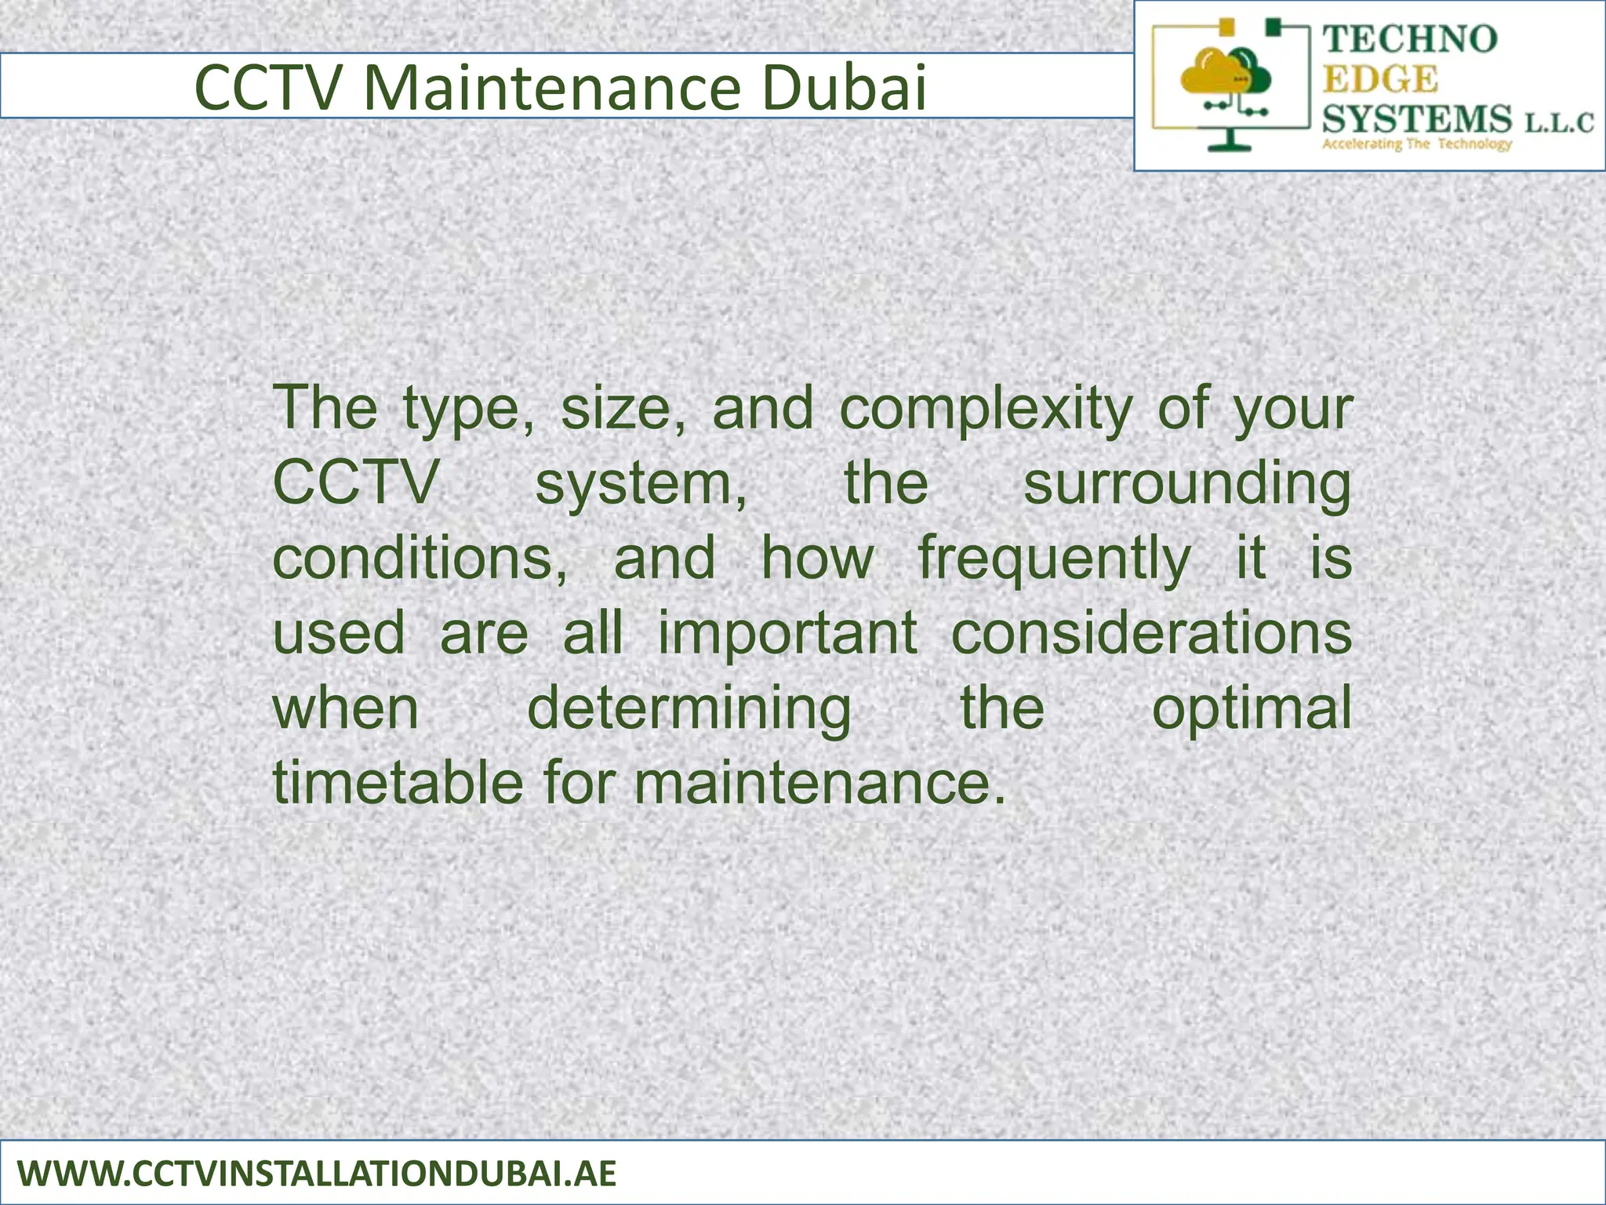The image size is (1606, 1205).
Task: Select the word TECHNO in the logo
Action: point(1410,39)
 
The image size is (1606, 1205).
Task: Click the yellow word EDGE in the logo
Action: point(1381,79)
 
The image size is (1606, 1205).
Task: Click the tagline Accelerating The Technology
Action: point(1416,144)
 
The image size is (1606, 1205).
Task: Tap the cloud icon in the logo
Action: point(1225,74)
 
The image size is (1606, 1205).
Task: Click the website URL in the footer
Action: point(316,1174)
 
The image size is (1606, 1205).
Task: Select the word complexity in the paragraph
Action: point(986,408)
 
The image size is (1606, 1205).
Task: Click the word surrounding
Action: point(1187,483)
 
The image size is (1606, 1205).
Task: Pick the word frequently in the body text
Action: point(1054,559)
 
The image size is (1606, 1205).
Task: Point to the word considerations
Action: point(1151,632)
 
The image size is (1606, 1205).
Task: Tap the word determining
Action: point(689,708)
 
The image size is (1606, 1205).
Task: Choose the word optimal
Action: point(1252,708)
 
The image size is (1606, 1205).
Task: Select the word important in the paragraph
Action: point(787,632)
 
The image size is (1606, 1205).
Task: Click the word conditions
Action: point(420,559)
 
